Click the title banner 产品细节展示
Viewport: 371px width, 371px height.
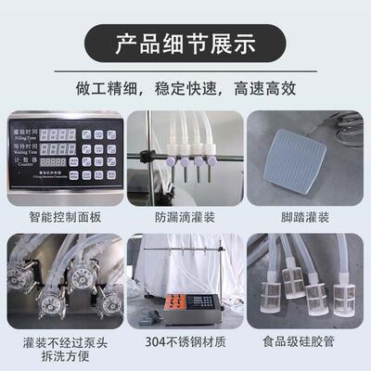click(185, 43)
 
